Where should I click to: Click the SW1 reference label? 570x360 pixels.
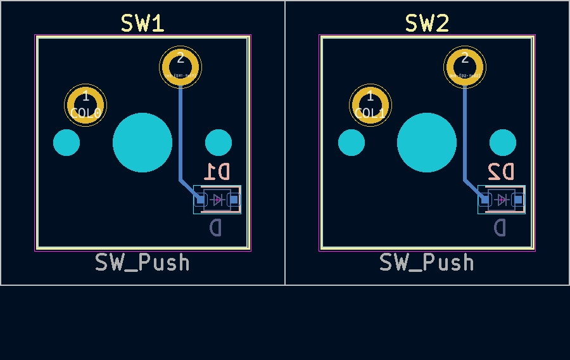(142, 23)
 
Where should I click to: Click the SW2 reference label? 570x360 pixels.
(427, 23)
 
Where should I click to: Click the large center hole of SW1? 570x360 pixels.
(142, 143)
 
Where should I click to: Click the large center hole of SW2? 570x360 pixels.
(427, 143)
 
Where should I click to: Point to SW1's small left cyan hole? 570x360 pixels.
(66, 143)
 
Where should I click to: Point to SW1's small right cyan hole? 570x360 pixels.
(218, 143)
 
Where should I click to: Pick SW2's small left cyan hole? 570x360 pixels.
(351, 143)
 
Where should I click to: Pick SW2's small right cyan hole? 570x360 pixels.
(503, 143)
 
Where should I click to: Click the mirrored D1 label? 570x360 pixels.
(217, 171)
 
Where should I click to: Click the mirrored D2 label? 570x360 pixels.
(502, 171)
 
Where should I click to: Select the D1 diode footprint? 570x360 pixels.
(217, 200)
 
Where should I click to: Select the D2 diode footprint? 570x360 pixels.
(502, 200)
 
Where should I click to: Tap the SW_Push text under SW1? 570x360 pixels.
(142, 262)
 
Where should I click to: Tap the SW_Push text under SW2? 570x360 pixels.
(427, 262)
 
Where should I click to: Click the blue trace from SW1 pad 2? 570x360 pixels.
(180, 133)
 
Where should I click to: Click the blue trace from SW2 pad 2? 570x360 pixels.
(465, 133)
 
